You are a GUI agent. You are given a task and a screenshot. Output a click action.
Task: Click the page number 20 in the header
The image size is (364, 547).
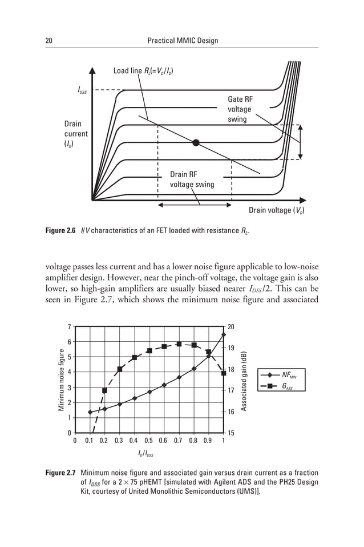[x=48, y=41]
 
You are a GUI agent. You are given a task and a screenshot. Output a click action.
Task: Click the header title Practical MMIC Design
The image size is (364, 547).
[x=182, y=41]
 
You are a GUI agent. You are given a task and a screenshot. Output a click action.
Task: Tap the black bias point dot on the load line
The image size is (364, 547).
[x=196, y=142]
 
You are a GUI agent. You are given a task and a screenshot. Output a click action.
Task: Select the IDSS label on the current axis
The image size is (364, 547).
[x=82, y=90]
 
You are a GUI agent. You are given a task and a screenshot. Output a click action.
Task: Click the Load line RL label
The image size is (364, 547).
[x=143, y=71]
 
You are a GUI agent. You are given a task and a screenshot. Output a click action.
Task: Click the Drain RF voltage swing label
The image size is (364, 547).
[x=192, y=179]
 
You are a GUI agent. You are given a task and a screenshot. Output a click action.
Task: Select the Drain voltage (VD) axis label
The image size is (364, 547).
[x=277, y=210]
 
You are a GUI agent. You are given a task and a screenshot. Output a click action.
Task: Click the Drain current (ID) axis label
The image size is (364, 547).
[x=75, y=134]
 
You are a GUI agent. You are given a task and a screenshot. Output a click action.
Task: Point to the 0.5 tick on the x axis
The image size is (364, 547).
[x=148, y=441]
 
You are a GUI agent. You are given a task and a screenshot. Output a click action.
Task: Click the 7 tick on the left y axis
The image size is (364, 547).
[x=69, y=327]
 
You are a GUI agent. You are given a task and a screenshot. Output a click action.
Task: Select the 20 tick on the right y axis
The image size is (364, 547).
[x=231, y=327]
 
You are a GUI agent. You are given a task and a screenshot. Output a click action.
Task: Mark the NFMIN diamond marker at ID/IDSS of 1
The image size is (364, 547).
[x=223, y=334]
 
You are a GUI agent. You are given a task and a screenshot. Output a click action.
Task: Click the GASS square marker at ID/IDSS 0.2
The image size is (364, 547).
[x=104, y=391]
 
